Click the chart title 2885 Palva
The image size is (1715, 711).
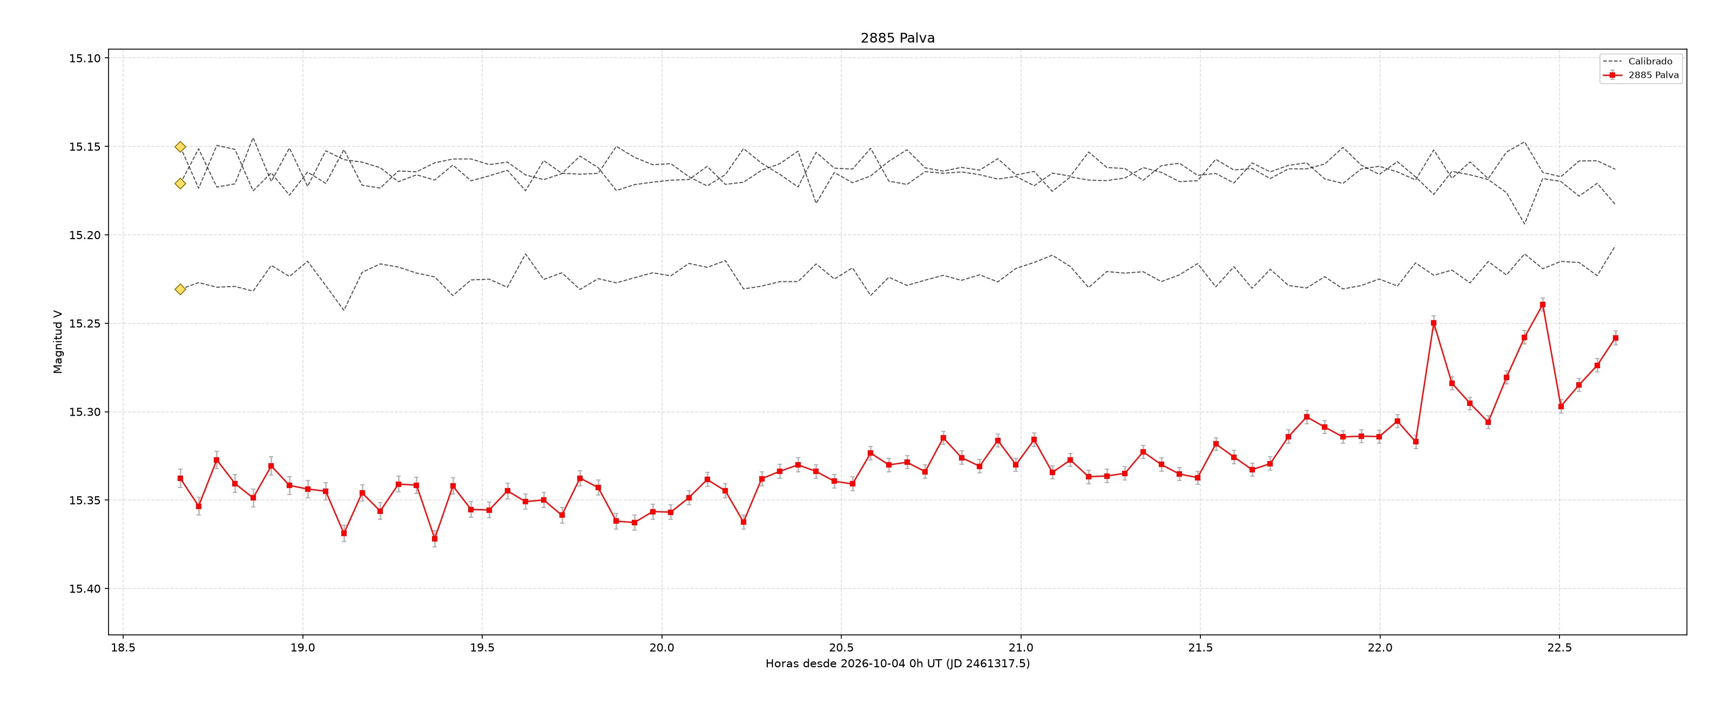(897, 38)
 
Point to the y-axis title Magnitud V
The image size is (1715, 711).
(58, 342)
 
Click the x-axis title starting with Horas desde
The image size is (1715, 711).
(897, 663)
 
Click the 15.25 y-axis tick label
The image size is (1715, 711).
(85, 323)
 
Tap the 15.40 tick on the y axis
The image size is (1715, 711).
(85, 588)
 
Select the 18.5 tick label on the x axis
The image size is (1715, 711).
(123, 648)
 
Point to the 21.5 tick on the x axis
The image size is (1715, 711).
(1200, 648)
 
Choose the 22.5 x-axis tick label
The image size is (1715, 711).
(1559, 648)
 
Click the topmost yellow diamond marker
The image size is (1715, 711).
(180, 146)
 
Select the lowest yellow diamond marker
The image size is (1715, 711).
(180, 289)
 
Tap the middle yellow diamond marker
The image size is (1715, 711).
(180, 183)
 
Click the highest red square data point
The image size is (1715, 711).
(1543, 304)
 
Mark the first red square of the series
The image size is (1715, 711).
(180, 478)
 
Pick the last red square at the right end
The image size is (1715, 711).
(1615, 338)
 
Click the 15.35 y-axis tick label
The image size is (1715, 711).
(85, 500)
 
